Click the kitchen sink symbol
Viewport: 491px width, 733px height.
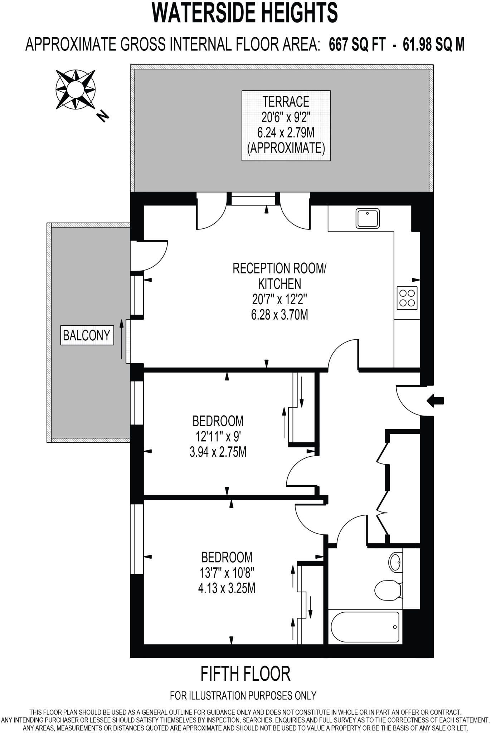point(368,218)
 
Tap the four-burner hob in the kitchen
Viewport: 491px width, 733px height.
point(407,298)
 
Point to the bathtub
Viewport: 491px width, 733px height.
point(365,627)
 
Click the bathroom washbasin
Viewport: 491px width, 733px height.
point(395,563)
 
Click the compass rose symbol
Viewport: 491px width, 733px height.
point(76,89)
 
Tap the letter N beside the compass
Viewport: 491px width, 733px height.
point(103,116)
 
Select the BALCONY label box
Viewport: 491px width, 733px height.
point(87,335)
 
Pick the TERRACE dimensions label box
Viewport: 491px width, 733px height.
point(286,125)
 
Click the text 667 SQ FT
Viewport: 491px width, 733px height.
point(357,45)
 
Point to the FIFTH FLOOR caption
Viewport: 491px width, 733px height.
point(245,674)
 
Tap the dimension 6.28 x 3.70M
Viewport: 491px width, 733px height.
point(279,315)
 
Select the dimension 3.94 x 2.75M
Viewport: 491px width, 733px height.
point(218,452)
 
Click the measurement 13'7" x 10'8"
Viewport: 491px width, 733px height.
point(227,573)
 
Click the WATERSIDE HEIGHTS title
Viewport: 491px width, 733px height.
point(245,13)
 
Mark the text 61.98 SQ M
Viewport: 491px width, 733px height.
point(433,45)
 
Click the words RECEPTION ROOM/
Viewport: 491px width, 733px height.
point(279,268)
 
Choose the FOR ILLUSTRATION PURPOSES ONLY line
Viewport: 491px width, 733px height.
point(243,695)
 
